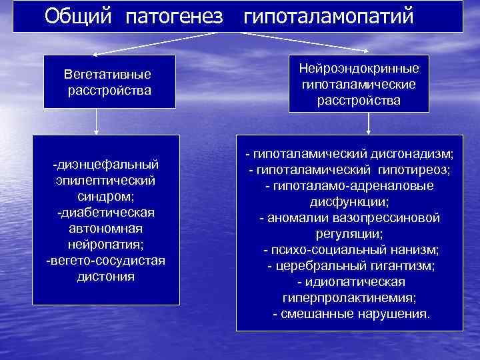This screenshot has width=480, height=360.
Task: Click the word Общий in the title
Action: [79, 16]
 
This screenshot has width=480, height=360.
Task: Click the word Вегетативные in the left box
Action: [108, 73]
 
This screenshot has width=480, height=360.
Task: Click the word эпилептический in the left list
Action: [105, 180]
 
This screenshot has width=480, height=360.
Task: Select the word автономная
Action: [105, 228]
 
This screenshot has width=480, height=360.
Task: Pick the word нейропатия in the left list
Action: [105, 244]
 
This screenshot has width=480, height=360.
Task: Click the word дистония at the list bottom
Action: [105, 276]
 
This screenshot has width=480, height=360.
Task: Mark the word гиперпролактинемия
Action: [349, 298]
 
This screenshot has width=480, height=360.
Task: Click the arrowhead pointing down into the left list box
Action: [97, 131]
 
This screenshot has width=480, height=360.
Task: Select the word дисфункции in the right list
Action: [349, 202]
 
